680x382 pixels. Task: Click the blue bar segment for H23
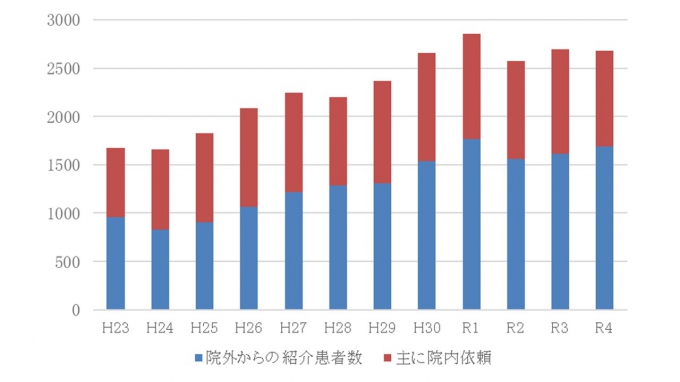click(x=115, y=263)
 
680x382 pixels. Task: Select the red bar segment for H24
click(x=160, y=189)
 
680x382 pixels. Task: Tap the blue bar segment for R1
click(x=471, y=224)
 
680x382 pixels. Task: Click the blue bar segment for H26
click(x=249, y=258)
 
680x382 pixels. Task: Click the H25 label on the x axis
click(x=204, y=327)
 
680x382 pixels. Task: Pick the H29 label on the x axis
click(x=382, y=327)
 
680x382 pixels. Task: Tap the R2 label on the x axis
click(x=515, y=327)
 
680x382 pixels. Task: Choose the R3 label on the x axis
click(x=560, y=327)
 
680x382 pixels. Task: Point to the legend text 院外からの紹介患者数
click(x=284, y=357)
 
